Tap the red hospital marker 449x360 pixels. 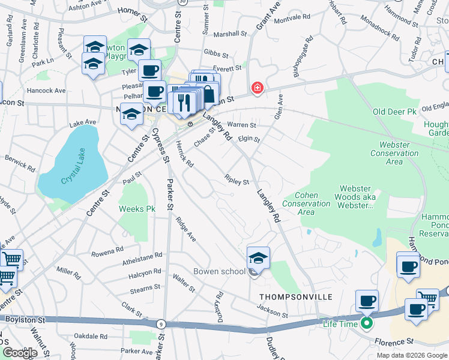[258, 88]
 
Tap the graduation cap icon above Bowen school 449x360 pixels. [259, 257]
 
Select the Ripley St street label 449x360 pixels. [237, 180]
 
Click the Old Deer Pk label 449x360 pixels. [394, 112]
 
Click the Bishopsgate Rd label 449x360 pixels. [302, 58]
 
